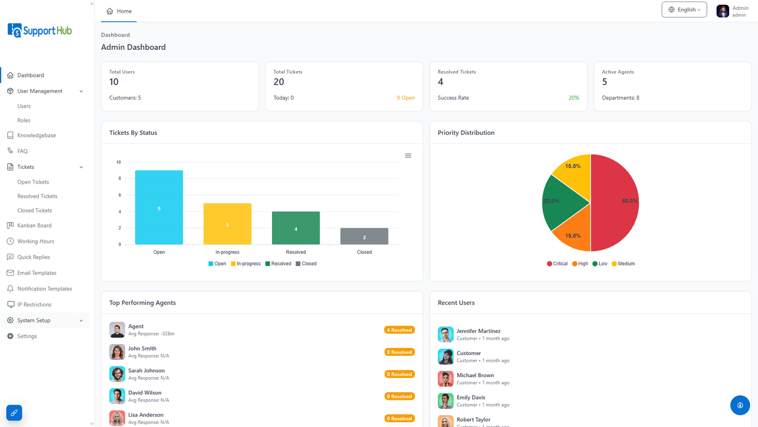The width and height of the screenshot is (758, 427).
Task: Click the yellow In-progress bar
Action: (227, 223)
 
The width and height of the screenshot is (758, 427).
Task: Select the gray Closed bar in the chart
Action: (364, 236)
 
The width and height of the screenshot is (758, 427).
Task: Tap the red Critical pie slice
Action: (614, 203)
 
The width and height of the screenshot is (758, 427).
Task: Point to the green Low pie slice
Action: (562, 203)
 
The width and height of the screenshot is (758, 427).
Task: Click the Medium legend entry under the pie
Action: (623, 264)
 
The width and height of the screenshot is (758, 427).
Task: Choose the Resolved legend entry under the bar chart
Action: (278, 264)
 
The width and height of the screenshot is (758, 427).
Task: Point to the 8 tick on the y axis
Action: (119, 178)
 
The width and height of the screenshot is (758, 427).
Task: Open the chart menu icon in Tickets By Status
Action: (408, 156)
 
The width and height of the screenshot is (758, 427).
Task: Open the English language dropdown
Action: (684, 9)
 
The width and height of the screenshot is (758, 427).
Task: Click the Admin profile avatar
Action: (722, 11)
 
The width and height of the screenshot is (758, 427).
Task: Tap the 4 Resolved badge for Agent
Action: (399, 330)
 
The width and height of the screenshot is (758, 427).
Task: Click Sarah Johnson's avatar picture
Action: (117, 374)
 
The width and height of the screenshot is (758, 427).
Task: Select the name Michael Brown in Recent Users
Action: (475, 375)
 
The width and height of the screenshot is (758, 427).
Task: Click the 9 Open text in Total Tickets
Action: (406, 98)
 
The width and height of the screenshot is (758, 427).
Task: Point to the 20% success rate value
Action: (574, 98)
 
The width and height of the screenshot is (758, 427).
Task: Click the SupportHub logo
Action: (40, 30)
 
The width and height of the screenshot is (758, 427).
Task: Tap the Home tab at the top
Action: (119, 11)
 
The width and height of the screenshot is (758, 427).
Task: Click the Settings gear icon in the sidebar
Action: (10, 336)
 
